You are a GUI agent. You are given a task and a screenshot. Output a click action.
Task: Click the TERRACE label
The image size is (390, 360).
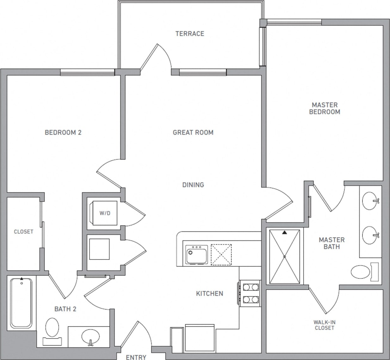(190, 34)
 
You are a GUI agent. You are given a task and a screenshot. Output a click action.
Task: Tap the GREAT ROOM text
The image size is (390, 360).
(193, 132)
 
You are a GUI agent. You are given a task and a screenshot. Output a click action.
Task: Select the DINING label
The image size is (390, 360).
(193, 185)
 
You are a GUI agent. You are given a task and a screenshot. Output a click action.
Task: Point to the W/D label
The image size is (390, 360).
(105, 213)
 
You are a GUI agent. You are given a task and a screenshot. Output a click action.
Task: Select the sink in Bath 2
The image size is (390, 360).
(90, 337)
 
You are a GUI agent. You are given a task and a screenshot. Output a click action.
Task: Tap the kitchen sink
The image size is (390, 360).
(196, 255)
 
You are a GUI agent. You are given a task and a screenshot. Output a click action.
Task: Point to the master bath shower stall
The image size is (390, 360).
(284, 257)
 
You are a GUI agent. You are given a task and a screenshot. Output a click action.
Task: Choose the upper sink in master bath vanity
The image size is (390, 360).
(370, 201)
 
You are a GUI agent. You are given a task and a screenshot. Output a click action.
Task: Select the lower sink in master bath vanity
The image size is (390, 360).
(370, 235)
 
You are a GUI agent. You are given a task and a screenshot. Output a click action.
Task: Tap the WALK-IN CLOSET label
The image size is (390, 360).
(325, 325)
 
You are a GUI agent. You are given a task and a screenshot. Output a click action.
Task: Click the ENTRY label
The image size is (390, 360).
(136, 357)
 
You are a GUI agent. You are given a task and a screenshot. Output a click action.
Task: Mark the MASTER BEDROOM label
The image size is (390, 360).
(325, 108)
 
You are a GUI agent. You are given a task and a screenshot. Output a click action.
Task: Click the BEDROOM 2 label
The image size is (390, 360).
(63, 132)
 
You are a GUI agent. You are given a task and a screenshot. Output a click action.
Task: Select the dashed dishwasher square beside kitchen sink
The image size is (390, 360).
(221, 254)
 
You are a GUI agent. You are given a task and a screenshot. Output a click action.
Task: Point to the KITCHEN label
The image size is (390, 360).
(209, 294)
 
